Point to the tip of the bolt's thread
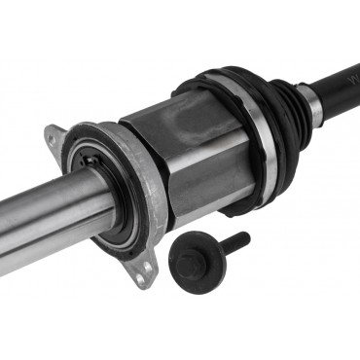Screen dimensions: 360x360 point(246,234)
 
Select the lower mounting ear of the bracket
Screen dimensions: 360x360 point(145,272)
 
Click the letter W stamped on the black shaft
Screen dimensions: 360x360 point(346,71)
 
